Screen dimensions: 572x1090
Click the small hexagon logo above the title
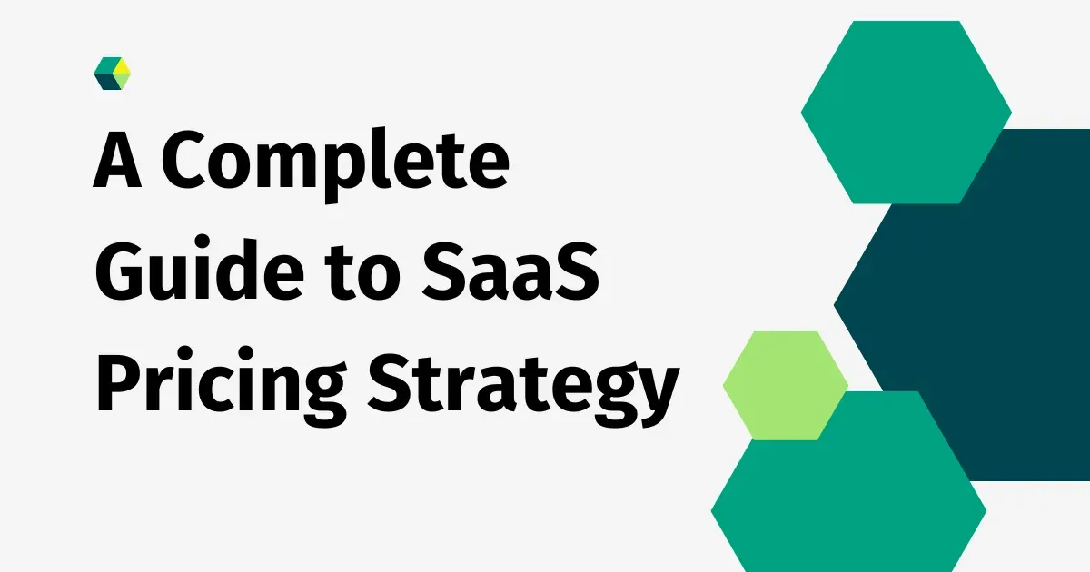point(113,74)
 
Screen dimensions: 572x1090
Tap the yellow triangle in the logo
point(122,71)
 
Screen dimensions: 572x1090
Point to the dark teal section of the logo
point(105,82)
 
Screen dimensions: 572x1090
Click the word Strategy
point(522,385)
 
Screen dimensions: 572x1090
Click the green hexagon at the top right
point(906,112)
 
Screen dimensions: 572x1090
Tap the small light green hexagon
point(785,386)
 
